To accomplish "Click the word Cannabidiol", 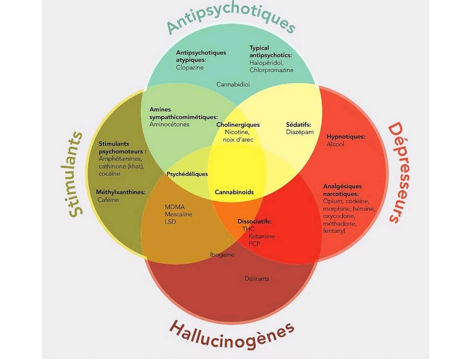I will pos(233,85).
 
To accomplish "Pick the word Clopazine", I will pos(190,68).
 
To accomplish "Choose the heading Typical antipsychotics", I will pos(270,51).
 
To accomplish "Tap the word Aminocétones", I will pos(169,125).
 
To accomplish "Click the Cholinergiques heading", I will pos(238,125).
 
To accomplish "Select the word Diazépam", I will pos(300,132).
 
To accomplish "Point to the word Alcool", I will pos(335,144).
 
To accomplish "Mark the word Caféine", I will pos(108,200).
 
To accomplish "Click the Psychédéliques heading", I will pos(187,174).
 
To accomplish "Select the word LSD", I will pos(170,222).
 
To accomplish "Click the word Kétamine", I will pos(261,236).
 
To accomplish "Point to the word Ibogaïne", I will pos(222,255).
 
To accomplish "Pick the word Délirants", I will pos(257,279).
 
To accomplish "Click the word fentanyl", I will pos(334,231).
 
